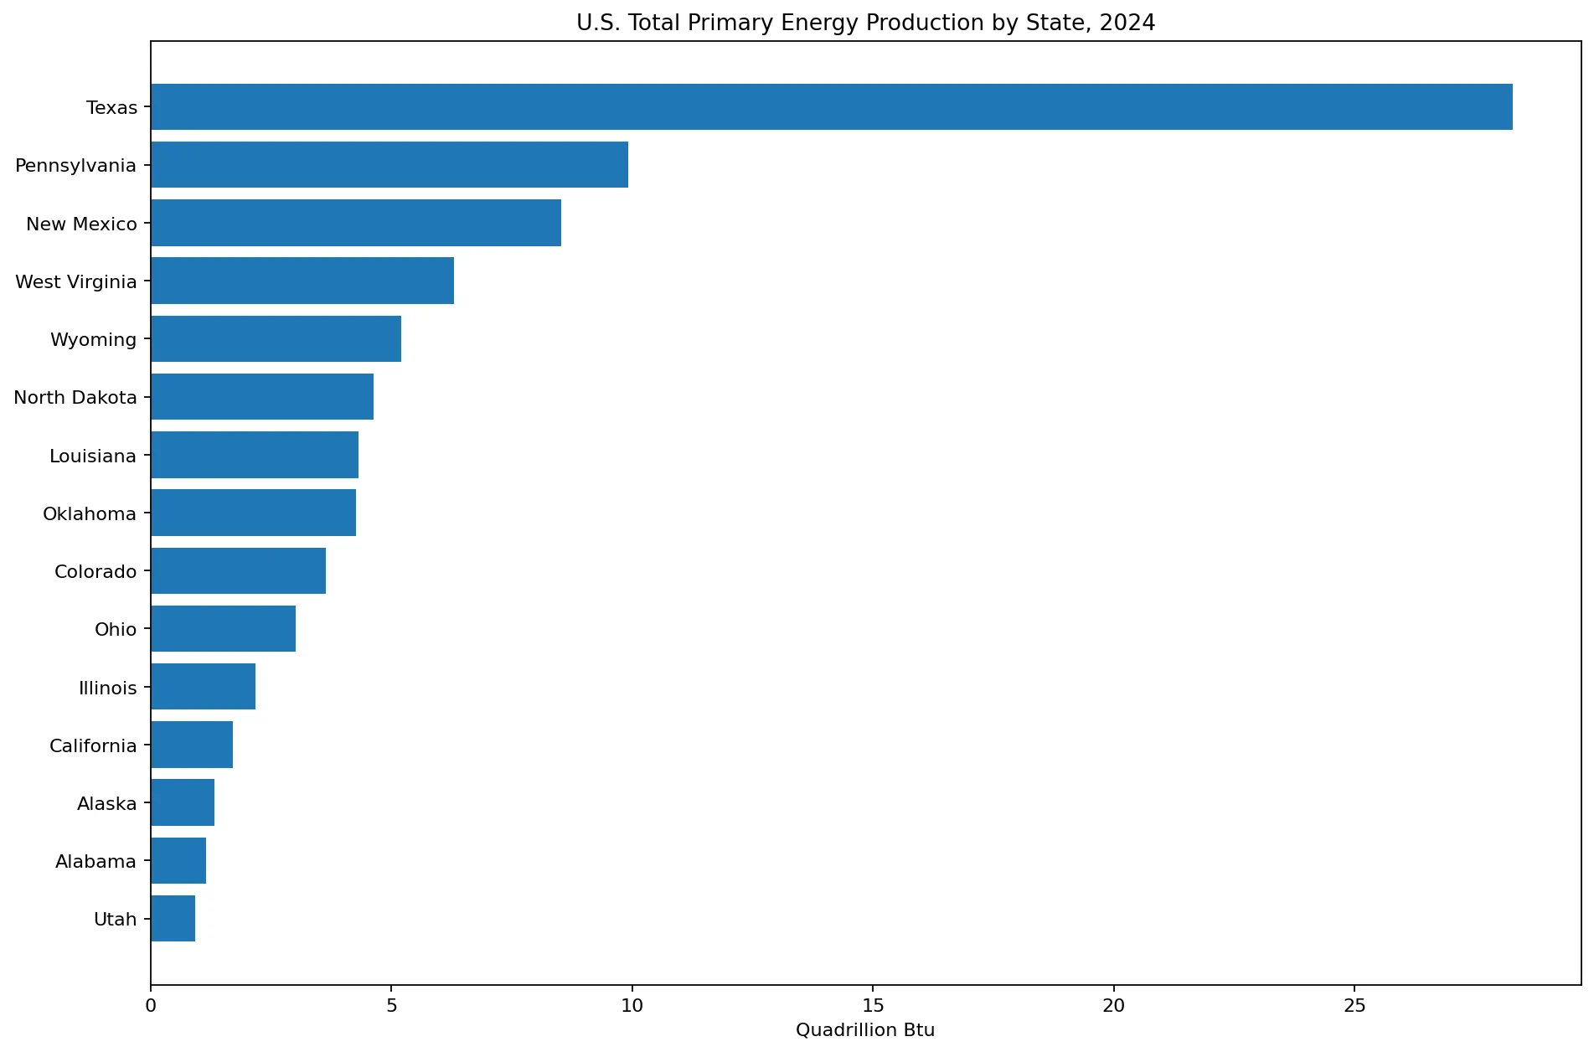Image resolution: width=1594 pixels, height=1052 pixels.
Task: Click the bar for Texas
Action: click(832, 107)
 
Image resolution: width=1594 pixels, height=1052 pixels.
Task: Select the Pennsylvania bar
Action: click(389, 165)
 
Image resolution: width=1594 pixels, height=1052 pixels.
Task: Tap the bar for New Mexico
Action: click(356, 223)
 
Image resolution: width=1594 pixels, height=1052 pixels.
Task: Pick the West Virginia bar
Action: click(302, 281)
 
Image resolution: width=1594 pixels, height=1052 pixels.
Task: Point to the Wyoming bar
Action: click(276, 339)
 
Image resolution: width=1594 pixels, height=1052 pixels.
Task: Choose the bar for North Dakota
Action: click(262, 397)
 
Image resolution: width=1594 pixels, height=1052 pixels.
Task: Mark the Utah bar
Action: click(173, 919)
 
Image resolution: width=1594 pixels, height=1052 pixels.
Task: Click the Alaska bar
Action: click(183, 802)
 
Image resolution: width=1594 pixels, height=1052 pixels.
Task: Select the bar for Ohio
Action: click(224, 629)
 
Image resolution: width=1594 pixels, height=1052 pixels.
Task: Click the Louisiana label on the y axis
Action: click(93, 456)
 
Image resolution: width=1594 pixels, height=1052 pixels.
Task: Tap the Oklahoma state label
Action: click(90, 513)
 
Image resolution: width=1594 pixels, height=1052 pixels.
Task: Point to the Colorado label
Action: click(95, 571)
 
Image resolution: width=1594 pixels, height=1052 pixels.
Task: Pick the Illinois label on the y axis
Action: click(108, 688)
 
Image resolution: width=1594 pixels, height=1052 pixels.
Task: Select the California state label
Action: click(93, 745)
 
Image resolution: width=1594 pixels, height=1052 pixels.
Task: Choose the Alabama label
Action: click(95, 861)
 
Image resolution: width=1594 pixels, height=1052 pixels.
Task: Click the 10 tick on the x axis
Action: click(632, 1005)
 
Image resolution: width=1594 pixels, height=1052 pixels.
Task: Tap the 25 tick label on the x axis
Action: click(1354, 1005)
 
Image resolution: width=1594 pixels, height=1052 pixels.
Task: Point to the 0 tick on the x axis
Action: click(151, 1005)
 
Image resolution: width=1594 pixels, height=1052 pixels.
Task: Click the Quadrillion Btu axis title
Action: click(865, 1030)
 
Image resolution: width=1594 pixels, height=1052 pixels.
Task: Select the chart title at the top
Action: click(865, 23)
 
